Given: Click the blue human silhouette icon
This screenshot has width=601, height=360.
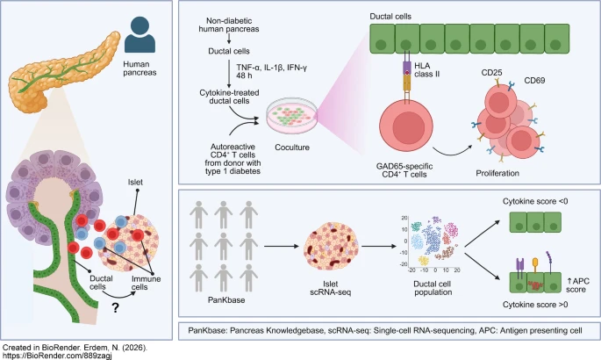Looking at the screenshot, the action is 140,34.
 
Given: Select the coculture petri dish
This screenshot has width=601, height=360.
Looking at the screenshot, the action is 292,116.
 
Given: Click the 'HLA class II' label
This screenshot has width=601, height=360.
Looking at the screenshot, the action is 426,69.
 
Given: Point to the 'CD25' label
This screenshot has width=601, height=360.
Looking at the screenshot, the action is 491,73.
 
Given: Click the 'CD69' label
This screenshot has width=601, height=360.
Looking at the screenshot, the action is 534,81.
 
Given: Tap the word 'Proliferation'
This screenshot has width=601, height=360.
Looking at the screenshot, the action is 497,173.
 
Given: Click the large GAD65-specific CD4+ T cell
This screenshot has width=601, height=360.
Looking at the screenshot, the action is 406,126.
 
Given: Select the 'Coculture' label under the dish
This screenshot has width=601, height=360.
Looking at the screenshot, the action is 292,148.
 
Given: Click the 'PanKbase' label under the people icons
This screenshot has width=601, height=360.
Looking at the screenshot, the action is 226,299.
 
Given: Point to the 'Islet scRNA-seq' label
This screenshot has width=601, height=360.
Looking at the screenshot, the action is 331,288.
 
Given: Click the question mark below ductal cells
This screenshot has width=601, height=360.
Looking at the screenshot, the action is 115,307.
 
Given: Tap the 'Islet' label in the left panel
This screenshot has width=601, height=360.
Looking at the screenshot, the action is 135,182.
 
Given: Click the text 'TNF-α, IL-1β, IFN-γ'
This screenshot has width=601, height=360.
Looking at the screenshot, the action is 272,68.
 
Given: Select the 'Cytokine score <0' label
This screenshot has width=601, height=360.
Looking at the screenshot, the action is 535,201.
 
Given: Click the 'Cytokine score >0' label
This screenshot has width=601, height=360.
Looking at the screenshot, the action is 535,305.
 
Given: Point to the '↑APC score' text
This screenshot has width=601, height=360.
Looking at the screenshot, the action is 577,285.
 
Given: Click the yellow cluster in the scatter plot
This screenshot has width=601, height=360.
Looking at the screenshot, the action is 423,261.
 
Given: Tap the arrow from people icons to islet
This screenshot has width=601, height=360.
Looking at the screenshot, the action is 282,246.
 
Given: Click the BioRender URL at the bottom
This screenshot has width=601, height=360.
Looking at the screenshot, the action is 58,356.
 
